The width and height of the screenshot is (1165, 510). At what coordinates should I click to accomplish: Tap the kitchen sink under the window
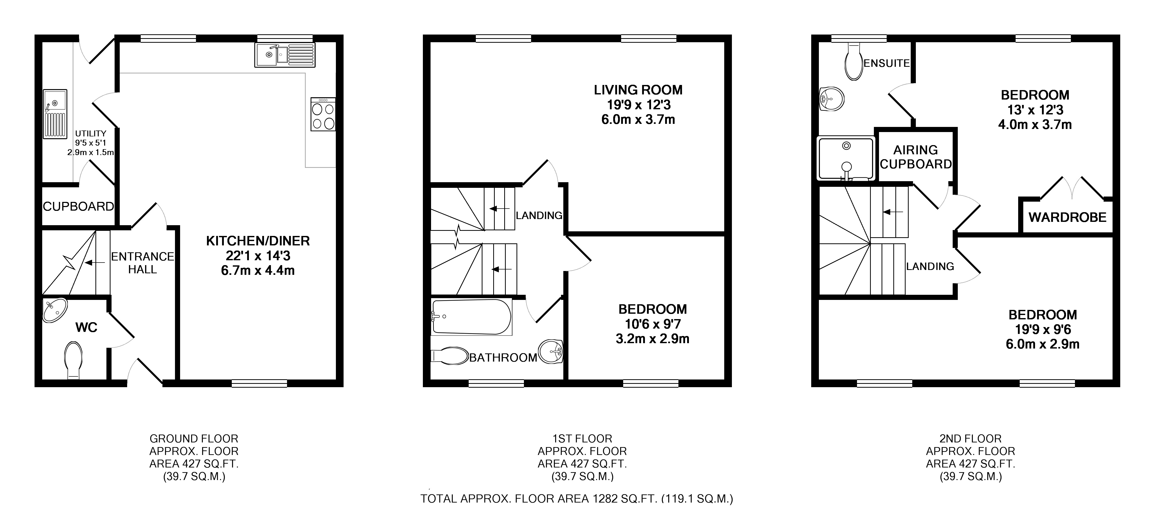(285, 55)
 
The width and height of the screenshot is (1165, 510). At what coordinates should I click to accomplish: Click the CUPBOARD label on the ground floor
(78, 206)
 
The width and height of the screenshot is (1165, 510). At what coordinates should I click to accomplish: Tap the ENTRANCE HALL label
(142, 263)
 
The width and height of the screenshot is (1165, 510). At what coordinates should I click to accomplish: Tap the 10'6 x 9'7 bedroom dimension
(653, 324)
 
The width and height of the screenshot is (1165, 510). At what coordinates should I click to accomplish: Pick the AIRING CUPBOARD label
(916, 157)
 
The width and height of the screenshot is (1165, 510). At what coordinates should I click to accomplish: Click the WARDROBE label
(1067, 217)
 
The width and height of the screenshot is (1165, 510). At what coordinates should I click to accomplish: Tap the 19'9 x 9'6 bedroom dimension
(1042, 329)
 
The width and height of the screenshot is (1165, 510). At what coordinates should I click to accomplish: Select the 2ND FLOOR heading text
(971, 439)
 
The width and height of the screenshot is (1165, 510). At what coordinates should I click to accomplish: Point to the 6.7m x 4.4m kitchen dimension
(258, 271)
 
